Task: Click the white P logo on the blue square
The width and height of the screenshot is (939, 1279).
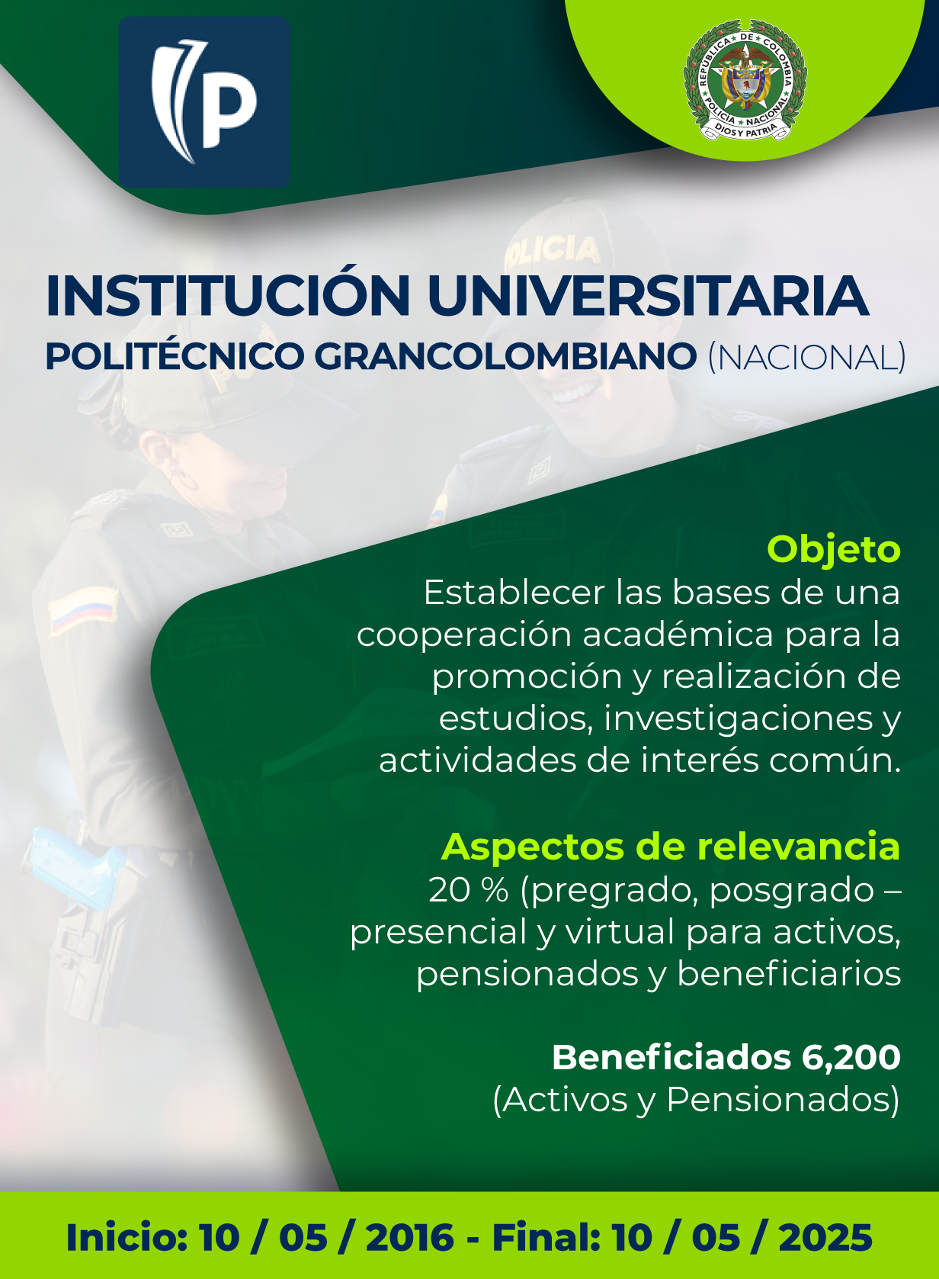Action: (204, 101)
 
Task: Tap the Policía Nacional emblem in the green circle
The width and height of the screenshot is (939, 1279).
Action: (745, 80)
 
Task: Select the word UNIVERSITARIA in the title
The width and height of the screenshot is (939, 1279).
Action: (649, 295)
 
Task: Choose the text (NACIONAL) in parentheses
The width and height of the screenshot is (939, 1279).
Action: (806, 357)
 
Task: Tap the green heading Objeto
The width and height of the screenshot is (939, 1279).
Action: (834, 549)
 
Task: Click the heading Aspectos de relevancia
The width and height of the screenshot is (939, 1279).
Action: (670, 847)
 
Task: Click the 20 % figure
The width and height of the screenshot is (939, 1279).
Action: (469, 890)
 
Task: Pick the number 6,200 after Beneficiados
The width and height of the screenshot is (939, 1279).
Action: (851, 1058)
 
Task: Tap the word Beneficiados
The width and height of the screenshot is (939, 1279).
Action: (671, 1057)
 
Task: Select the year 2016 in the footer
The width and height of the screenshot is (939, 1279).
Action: (409, 1238)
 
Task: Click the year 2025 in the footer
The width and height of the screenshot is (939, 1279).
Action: (825, 1238)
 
